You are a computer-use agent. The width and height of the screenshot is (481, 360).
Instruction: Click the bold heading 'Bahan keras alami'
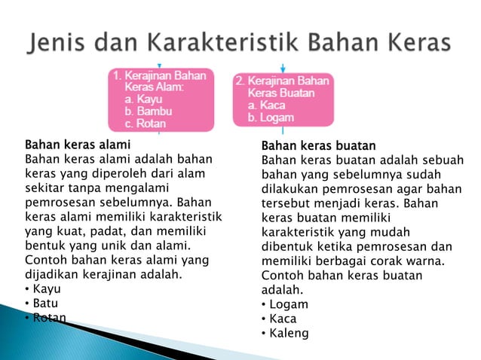(x=78, y=144)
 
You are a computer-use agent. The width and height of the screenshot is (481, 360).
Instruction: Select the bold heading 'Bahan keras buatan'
(x=318, y=145)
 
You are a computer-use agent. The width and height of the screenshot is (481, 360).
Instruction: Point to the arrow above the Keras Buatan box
(x=282, y=69)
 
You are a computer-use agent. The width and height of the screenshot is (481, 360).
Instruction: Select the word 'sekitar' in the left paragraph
(x=46, y=188)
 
